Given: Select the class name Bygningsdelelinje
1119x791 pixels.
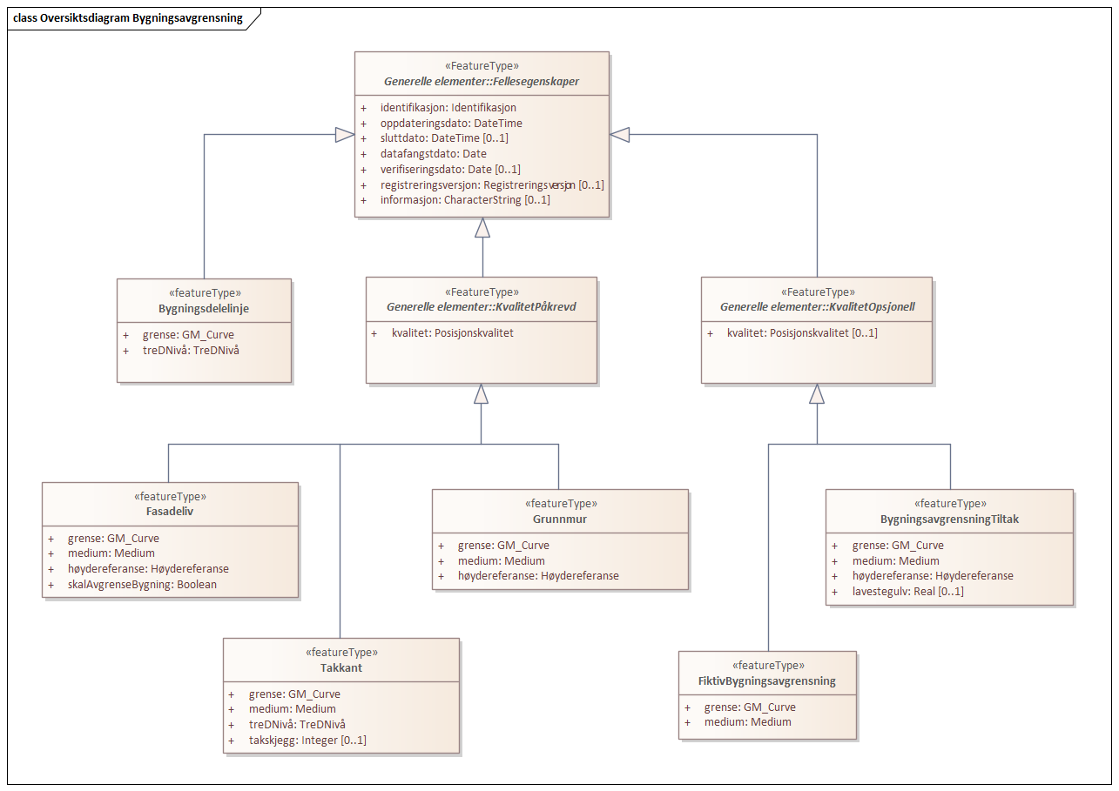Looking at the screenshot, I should (204, 309).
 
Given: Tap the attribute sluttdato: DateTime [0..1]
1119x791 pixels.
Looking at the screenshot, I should (444, 138).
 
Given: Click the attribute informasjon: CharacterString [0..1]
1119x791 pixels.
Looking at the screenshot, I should (465, 199).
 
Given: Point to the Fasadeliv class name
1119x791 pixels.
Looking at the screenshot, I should (170, 512).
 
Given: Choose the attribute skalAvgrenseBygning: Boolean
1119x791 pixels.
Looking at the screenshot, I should (142, 584).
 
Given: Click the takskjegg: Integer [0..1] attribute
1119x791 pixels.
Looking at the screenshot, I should (307, 740).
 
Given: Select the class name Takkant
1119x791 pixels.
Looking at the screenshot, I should (341, 667).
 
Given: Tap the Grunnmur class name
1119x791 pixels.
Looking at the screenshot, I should (561, 519).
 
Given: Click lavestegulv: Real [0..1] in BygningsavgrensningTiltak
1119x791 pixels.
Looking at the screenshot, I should (907, 591).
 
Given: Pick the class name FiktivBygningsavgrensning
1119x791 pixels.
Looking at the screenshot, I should (768, 680).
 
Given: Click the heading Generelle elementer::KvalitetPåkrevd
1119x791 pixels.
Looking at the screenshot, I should (482, 307).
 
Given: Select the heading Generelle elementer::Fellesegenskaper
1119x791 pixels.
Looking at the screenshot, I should (482, 82).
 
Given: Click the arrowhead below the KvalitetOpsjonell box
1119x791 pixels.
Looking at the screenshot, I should (816, 395).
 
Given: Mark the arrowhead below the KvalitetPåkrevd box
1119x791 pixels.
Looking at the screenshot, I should (481, 395).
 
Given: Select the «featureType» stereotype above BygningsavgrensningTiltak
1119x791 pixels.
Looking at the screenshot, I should (949, 503).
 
